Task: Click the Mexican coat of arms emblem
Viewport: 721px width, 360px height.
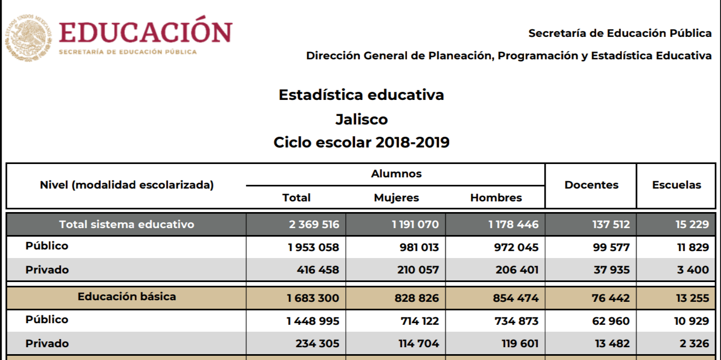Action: tap(28, 37)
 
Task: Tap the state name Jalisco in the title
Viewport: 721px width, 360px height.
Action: tap(361, 119)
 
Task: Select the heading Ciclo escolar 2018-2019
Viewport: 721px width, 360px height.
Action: tap(361, 143)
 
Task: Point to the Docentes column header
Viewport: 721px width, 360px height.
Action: tap(591, 185)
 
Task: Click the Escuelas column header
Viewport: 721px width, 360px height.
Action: tap(677, 185)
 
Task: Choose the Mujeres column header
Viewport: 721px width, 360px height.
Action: tap(396, 198)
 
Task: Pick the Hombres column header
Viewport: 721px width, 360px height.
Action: tap(496, 198)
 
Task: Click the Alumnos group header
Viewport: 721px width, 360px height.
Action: tap(396, 174)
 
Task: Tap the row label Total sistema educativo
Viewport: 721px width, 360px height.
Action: tap(127, 224)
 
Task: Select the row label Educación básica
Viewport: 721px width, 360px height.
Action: tap(127, 296)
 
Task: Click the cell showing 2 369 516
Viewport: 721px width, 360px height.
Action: tap(314, 224)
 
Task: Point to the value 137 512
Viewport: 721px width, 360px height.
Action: tap(611, 224)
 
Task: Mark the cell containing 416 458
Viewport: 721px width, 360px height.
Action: tap(318, 270)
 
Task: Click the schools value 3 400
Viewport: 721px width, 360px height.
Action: tap(693, 270)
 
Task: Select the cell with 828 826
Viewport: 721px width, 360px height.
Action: tap(417, 298)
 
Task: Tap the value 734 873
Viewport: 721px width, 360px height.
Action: tap(517, 321)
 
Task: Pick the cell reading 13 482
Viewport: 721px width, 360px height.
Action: tap(612, 343)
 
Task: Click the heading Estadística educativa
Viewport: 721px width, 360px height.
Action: tap(361, 95)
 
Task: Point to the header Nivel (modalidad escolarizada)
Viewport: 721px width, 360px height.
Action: tap(127, 185)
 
